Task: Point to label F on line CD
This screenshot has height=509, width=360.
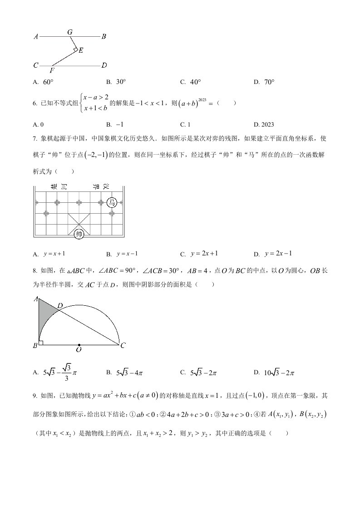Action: pos(52,71)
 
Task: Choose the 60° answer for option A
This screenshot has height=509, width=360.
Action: pos(48,82)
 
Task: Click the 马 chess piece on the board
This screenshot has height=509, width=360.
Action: pos(112,203)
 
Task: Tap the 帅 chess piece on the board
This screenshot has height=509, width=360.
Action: pos(79,234)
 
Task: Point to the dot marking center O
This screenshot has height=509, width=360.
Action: pos(79,345)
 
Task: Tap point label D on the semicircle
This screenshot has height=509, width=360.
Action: pos(60,306)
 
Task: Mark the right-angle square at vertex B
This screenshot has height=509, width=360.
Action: pos(41,343)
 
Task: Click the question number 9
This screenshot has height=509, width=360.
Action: pos(35,396)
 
